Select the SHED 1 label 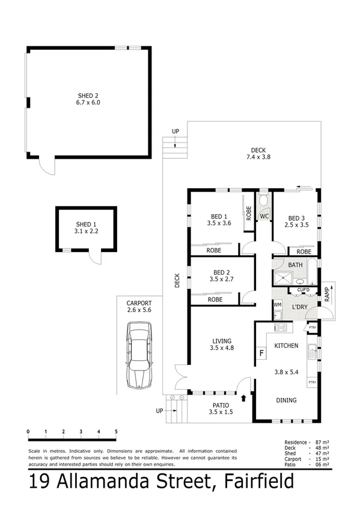[x=86, y=223]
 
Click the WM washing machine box [x=277, y=305]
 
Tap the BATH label [x=295, y=265]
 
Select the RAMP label [x=327, y=294]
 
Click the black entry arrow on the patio [x=244, y=397]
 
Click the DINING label [x=286, y=400]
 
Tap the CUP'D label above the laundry [x=303, y=290]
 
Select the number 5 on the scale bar [x=115, y=432]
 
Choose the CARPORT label [x=138, y=303]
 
